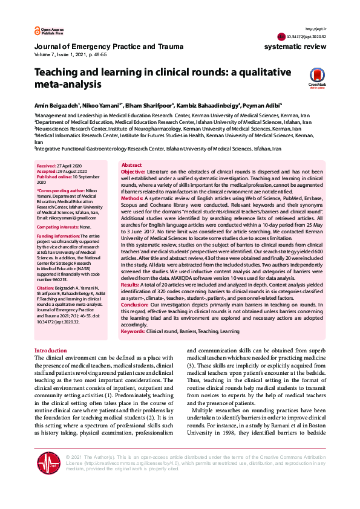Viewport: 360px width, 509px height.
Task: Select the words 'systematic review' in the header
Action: click(295, 46)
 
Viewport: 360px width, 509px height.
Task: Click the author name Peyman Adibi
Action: click(264, 104)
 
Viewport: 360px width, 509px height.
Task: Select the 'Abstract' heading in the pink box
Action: click(132, 165)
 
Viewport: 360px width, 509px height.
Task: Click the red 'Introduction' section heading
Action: click(51, 351)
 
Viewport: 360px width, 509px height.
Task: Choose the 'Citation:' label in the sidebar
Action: click(45, 289)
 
